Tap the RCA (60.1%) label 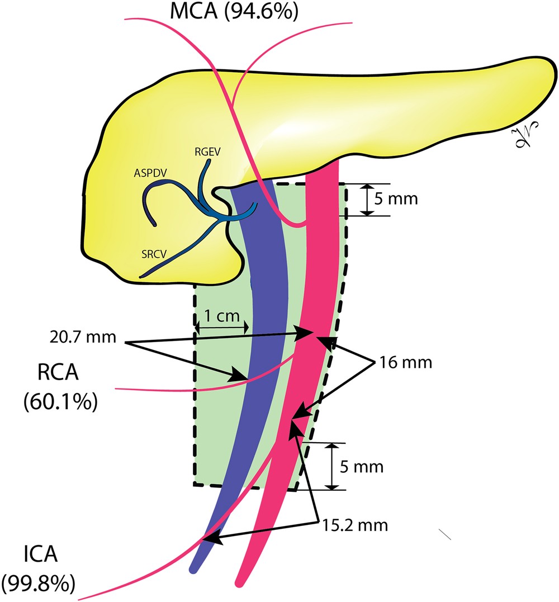point(61,386)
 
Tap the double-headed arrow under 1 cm point(220,329)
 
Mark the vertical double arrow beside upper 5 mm point(366,200)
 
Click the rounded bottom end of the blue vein point(194,568)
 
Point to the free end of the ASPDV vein point(155,223)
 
